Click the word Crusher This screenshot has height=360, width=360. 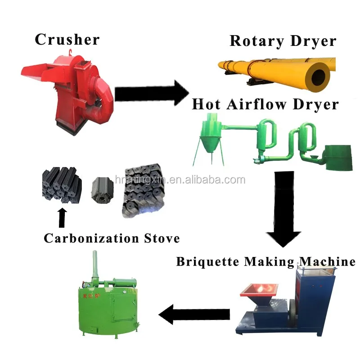(x=67, y=40)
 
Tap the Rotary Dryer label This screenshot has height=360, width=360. (x=283, y=41)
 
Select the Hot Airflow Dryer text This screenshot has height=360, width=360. (x=265, y=104)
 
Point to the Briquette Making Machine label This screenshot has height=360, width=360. (x=265, y=261)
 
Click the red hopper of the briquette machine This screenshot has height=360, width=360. (x=259, y=293)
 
